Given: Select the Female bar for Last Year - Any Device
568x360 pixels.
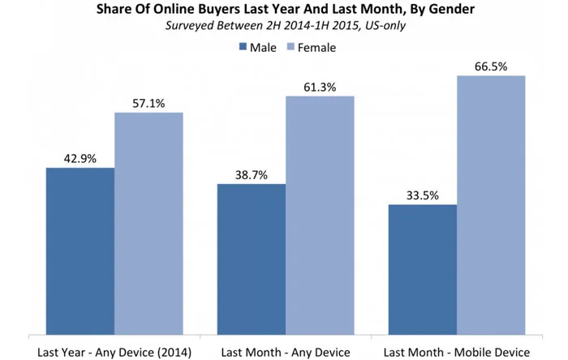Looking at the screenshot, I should pos(148,222).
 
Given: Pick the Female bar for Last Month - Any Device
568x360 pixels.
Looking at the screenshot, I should pos(320,214).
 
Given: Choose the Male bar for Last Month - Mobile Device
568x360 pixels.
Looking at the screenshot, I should pos(422,268).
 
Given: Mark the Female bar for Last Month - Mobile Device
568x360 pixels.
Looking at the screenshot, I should pos(491,204).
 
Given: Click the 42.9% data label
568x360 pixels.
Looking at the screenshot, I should pos(80,159).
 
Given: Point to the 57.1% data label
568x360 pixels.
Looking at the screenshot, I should pos(148,104).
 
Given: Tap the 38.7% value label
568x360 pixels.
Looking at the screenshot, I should pos(251,175).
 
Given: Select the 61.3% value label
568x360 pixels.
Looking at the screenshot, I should pos(320,87).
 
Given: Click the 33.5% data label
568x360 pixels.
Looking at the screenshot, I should pos(422,196).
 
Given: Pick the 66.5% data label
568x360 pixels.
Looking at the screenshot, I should pos(491,66).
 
